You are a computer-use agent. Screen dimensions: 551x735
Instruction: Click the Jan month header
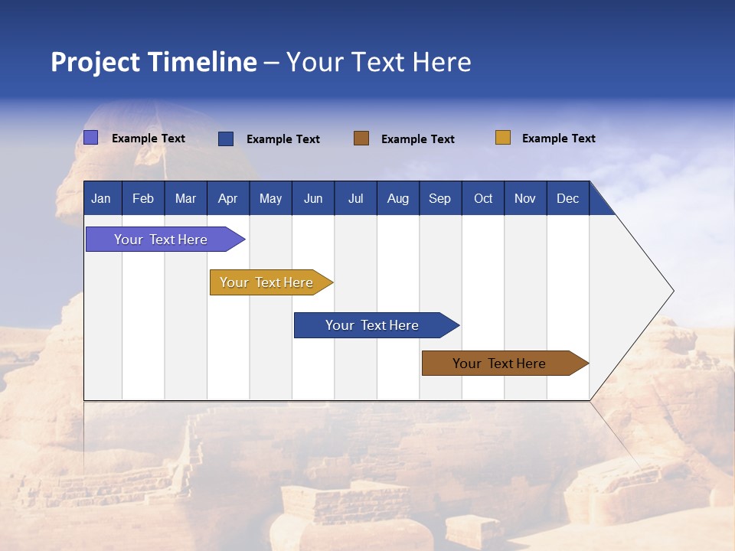(102, 198)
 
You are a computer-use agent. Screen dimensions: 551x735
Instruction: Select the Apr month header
(228, 198)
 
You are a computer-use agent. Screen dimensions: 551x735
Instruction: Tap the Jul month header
(355, 198)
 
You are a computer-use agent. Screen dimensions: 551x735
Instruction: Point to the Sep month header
(440, 198)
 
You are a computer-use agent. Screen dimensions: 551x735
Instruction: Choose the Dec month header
(567, 198)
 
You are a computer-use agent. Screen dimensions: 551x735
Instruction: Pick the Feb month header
(143, 198)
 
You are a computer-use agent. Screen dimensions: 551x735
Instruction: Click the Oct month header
(483, 198)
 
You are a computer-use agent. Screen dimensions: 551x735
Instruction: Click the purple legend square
(91, 138)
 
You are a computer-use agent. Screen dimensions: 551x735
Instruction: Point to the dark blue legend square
(226, 139)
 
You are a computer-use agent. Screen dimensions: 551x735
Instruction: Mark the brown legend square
(361, 139)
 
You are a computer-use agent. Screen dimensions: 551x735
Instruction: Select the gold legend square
(503, 138)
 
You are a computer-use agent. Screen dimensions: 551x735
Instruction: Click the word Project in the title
(95, 62)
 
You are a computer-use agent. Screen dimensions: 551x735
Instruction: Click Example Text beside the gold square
(558, 139)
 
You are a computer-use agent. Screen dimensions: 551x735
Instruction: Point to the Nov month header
(525, 198)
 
